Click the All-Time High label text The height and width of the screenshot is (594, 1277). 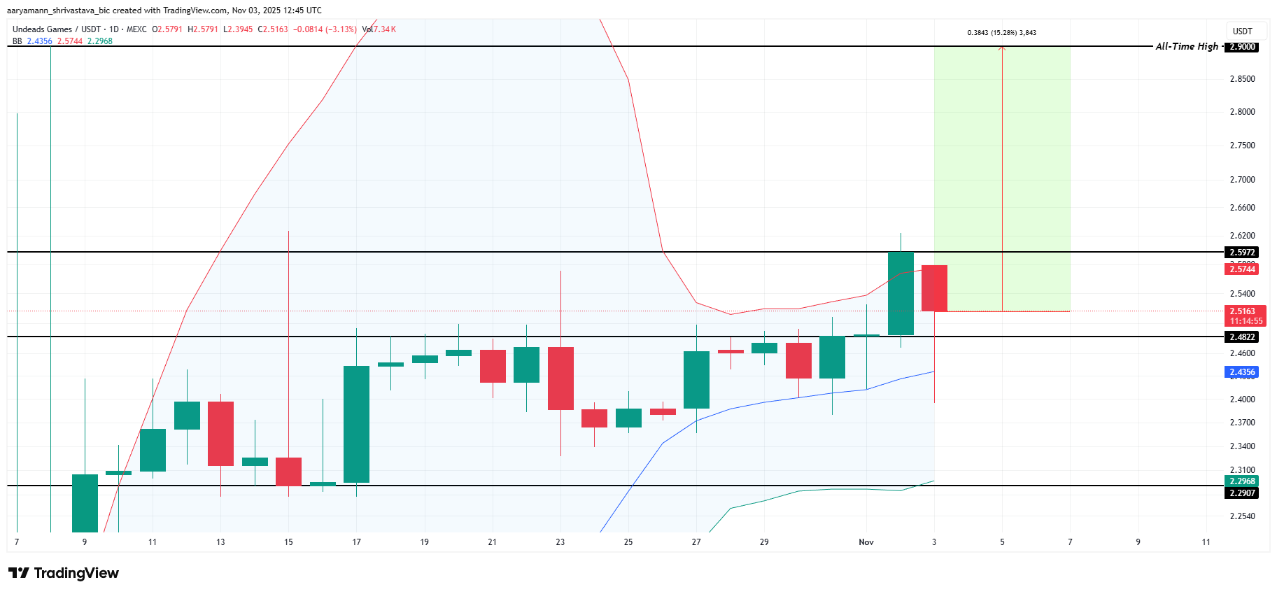click(x=1186, y=46)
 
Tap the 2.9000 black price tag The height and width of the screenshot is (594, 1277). click(x=1242, y=47)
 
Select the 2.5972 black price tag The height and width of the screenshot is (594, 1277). click(x=1242, y=253)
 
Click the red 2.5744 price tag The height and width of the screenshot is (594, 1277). click(x=1242, y=269)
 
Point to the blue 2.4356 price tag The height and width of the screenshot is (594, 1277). click(x=1242, y=372)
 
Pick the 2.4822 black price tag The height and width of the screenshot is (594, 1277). click(x=1242, y=337)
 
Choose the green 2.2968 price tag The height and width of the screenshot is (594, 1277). click(x=1242, y=481)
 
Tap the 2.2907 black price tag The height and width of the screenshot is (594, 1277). click(x=1242, y=493)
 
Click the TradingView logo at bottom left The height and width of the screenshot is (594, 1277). click(x=64, y=573)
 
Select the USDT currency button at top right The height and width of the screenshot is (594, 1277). click(x=1242, y=31)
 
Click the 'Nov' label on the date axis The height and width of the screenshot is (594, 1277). click(x=866, y=542)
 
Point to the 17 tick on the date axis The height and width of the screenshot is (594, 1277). click(x=356, y=542)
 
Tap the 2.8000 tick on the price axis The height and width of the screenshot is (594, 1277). click(x=1242, y=112)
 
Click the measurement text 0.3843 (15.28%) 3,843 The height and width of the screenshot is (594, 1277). click(x=1001, y=33)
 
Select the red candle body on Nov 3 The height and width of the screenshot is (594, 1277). click(x=934, y=288)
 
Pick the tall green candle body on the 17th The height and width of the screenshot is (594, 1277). click(x=356, y=424)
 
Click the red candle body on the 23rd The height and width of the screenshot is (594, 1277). click(x=560, y=378)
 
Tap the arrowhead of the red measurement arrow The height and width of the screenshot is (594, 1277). click(x=1002, y=48)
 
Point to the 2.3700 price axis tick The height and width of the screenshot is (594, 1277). click(x=1242, y=423)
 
